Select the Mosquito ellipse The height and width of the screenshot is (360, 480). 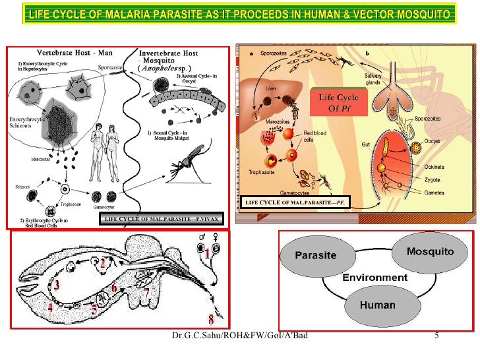[x=429, y=251]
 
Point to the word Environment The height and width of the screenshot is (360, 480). [x=374, y=278]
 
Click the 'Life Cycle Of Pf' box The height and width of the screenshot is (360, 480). [x=338, y=103]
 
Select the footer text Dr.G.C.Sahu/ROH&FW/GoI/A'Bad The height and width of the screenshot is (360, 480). [x=240, y=338]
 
